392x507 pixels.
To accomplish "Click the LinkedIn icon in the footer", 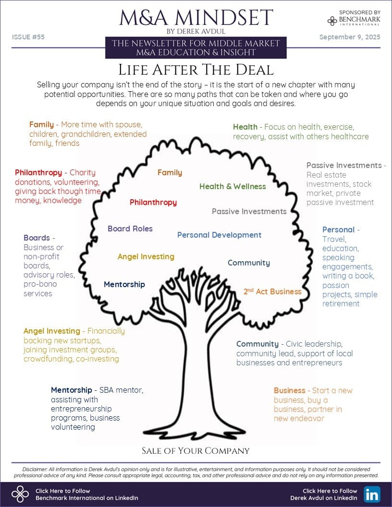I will tap(372, 494).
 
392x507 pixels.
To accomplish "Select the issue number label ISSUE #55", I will tap(28, 37).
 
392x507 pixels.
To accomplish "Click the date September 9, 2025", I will tap(350, 37).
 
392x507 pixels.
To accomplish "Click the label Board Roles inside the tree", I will tap(130, 229).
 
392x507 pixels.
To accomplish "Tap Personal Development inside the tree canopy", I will tap(219, 235).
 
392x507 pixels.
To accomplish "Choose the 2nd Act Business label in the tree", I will tap(272, 291).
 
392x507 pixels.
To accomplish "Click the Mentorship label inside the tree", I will tap(124, 284).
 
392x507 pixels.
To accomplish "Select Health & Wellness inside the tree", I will tap(233, 186).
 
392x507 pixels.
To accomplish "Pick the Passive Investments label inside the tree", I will tap(249, 211).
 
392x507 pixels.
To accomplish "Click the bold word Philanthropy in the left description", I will tap(38, 172).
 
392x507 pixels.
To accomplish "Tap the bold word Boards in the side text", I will tap(37, 238).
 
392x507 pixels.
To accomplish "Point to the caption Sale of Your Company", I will tap(196, 450).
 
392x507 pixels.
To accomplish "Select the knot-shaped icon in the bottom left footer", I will tap(20, 494).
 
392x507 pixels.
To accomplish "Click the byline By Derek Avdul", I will tap(196, 31).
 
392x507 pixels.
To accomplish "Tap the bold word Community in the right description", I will tap(257, 344).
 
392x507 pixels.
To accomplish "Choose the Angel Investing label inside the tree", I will tap(146, 256).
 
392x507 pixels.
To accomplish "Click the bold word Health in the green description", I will tap(245, 127).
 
